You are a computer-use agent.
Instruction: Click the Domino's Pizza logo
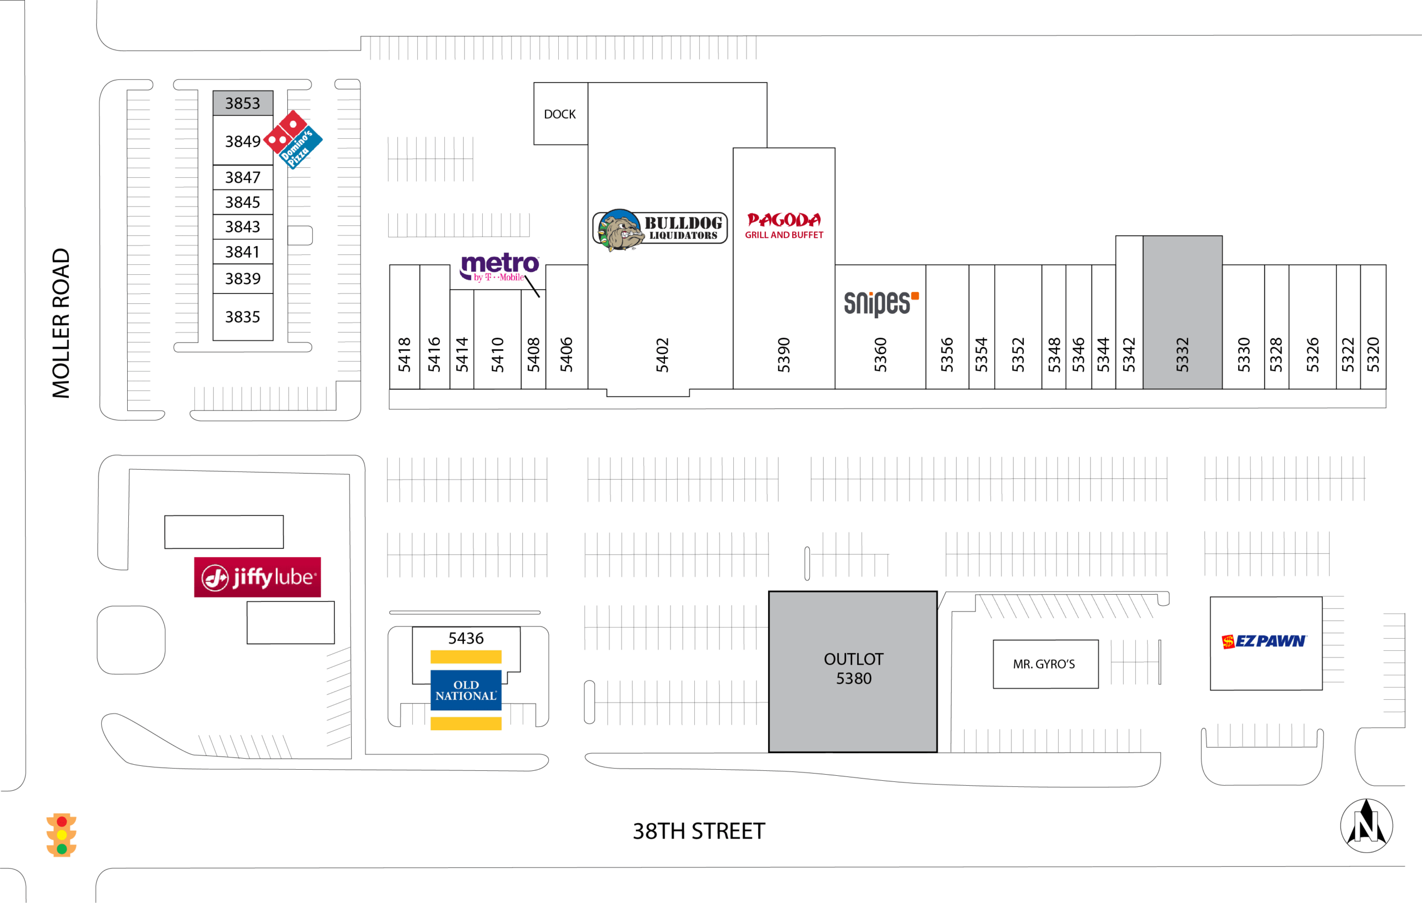tap(293, 139)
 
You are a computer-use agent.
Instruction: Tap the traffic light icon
tap(62, 835)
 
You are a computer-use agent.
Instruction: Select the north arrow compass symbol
tap(1366, 825)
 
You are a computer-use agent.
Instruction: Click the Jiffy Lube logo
tap(258, 577)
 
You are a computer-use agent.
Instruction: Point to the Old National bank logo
tap(466, 690)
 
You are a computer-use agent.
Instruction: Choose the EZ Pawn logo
tap(1264, 641)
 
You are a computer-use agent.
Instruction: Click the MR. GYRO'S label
tap(1044, 664)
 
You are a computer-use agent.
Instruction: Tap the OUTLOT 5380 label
tap(853, 669)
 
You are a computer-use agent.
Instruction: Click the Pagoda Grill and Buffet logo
tap(784, 225)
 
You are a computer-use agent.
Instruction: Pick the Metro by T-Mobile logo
tap(499, 267)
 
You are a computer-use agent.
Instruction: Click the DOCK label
tap(559, 114)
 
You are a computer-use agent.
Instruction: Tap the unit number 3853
tap(243, 103)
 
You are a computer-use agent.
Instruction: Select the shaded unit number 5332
tap(1181, 354)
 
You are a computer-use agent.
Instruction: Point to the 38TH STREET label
tap(699, 831)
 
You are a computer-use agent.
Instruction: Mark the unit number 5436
tap(465, 638)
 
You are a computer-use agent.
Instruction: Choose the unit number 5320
tap(1373, 354)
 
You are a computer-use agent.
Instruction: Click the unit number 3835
tap(243, 317)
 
